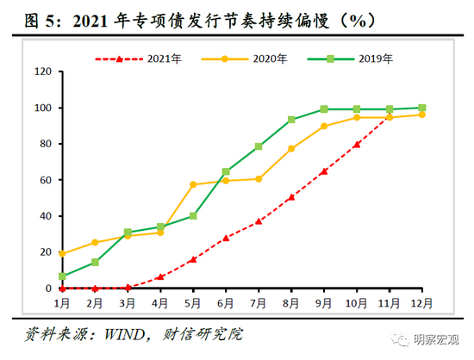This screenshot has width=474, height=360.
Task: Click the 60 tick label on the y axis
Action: (42, 180)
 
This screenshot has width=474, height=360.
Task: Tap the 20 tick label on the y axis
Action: (42, 252)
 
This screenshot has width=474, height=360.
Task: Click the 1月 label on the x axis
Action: (62, 303)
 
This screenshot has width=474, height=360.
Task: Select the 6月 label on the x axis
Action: (226, 303)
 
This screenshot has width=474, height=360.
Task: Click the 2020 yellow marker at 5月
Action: (193, 185)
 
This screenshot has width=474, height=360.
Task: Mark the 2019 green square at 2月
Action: (95, 263)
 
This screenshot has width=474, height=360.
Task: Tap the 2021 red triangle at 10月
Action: (356, 145)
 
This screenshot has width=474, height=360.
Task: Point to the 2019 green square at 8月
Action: (291, 120)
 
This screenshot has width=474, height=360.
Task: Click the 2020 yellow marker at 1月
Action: (62, 253)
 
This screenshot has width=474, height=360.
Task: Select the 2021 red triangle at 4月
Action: (160, 277)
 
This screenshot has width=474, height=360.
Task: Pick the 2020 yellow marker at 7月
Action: (259, 179)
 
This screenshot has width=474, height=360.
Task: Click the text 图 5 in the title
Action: (22, 16)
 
